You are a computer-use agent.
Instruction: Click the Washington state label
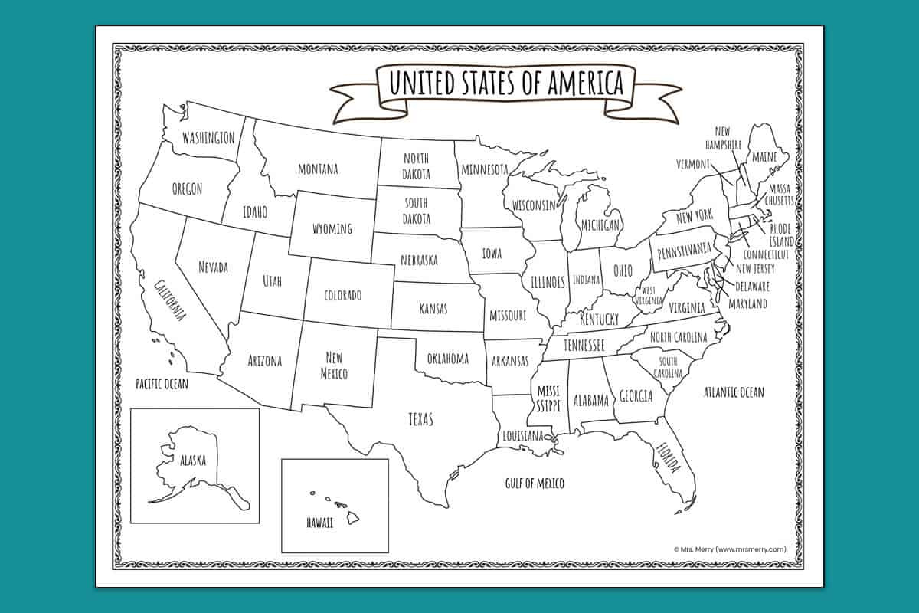[x=208, y=138]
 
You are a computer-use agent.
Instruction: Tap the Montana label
[x=318, y=169]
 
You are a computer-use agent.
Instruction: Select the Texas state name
[x=420, y=419]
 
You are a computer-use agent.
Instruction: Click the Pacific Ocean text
[x=162, y=383]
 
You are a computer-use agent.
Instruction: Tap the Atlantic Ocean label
[x=734, y=392]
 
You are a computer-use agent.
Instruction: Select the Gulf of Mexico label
[x=535, y=483]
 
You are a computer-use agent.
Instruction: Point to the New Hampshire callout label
[x=728, y=139]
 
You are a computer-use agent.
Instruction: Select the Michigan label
[x=600, y=225]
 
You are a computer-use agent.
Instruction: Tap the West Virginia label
[x=648, y=295]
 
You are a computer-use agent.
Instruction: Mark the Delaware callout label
[x=752, y=286]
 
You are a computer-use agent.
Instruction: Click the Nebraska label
[x=419, y=260]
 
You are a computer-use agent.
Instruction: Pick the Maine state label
[x=764, y=158]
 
